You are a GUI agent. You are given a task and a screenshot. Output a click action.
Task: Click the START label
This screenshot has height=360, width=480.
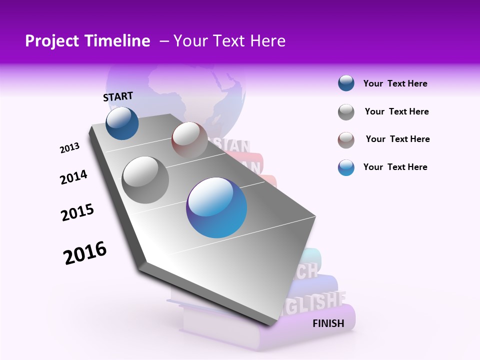pyautogui.click(x=118, y=96)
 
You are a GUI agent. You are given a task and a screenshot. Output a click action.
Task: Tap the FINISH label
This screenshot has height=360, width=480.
pyautogui.click(x=328, y=323)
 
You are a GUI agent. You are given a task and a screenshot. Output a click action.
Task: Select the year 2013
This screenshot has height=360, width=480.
pyautogui.click(x=69, y=148)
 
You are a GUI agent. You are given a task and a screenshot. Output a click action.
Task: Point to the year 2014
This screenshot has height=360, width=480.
pyautogui.click(x=73, y=177)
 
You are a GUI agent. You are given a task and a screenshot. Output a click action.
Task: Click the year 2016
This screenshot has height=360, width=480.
pyautogui.click(x=85, y=253)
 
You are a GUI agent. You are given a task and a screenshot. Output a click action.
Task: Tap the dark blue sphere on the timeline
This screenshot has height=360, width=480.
pyautogui.click(x=122, y=123)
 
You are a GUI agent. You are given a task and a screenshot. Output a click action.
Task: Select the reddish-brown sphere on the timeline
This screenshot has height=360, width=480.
pyautogui.click(x=189, y=140)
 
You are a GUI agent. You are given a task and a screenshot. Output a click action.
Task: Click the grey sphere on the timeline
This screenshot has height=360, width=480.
pyautogui.click(x=145, y=180)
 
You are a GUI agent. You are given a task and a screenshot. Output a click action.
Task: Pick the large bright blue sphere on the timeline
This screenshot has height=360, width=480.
pyautogui.click(x=216, y=208)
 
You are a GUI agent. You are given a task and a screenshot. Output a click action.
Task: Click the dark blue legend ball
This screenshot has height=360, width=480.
pyautogui.click(x=346, y=83)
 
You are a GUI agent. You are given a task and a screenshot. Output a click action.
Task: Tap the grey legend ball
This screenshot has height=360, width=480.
pyautogui.click(x=346, y=112)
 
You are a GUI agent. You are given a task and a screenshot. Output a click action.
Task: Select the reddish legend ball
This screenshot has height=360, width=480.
pyautogui.click(x=346, y=140)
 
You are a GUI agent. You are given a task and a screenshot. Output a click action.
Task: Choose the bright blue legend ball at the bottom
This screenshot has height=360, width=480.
pyautogui.click(x=346, y=167)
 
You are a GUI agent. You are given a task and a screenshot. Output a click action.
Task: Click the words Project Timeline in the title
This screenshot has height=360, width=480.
pyautogui.click(x=87, y=41)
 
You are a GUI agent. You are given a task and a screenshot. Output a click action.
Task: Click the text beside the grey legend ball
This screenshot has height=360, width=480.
pyautogui.click(x=396, y=111)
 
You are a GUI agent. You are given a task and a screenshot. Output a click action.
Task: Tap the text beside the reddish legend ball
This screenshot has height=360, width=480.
pyautogui.click(x=397, y=139)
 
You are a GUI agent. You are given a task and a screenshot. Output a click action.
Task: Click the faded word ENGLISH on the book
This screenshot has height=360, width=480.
pyautogui.click(x=315, y=301)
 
